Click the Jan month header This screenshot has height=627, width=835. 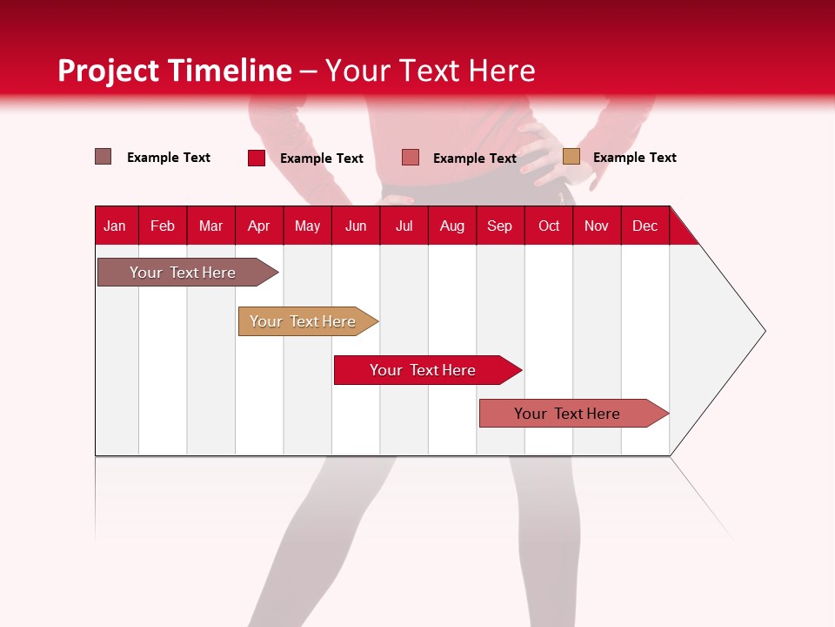click(116, 226)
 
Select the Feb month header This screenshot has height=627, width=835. click(163, 226)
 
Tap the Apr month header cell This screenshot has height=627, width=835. click(259, 226)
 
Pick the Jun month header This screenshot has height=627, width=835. click(356, 226)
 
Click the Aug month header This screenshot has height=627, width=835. click(452, 226)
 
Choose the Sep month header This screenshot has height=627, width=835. click(500, 226)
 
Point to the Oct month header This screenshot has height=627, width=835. click(549, 226)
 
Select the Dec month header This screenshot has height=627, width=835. click(645, 226)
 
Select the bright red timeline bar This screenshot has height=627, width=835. click(424, 370)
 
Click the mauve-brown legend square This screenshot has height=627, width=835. click(104, 157)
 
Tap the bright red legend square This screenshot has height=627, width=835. click(257, 158)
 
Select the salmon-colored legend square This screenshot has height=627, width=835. click(411, 158)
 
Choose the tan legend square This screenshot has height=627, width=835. click(571, 157)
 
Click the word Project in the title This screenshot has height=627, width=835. click(109, 71)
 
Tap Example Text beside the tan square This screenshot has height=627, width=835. click(635, 158)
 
